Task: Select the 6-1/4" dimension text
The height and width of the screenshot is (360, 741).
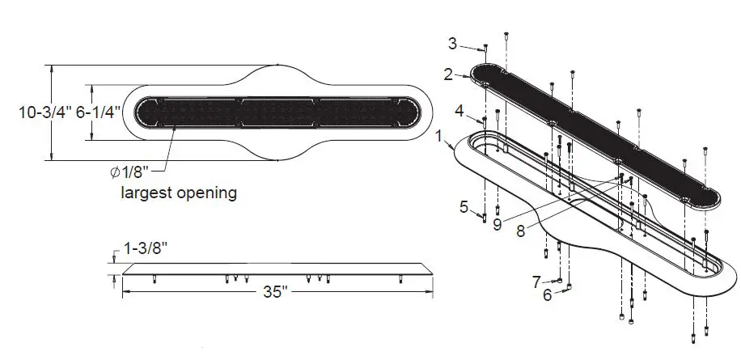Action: [x=99, y=113]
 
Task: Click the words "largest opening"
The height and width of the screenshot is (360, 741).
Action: [x=179, y=193]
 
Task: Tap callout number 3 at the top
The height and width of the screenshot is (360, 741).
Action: [x=475, y=42]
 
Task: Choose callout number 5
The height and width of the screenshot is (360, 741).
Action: [x=464, y=207]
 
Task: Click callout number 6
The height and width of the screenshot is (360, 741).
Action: [x=547, y=294]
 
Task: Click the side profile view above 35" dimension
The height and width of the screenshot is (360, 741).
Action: [x=275, y=269]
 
